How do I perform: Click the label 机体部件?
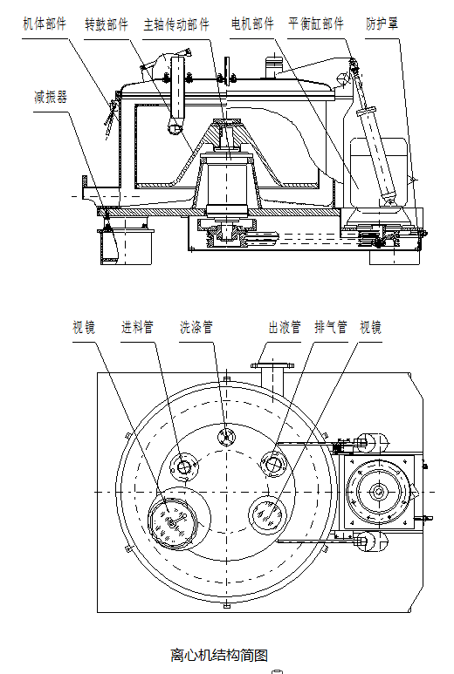pos(45,24)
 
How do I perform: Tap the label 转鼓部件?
pos(107,24)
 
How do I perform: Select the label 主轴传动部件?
pos(176,24)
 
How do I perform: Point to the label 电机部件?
pos(252,24)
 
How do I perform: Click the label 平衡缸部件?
pos(316,24)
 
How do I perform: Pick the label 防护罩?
pos(382,24)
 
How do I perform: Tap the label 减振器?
pos(51,97)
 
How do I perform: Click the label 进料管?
pos(137,328)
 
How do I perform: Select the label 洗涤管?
pos(196,328)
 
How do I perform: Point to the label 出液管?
pos(285,328)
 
